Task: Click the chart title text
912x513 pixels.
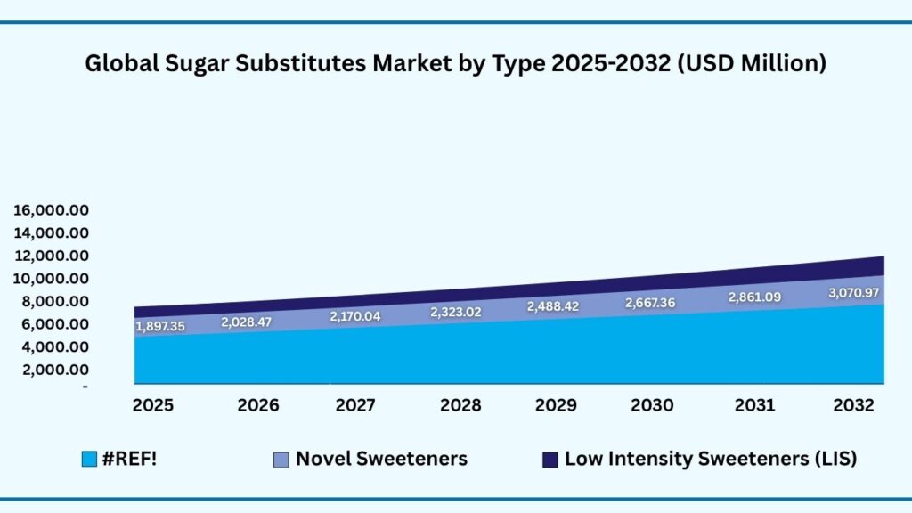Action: tap(456, 64)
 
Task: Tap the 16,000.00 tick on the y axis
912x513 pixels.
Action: tap(51, 211)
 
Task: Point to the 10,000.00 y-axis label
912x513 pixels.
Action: tap(51, 279)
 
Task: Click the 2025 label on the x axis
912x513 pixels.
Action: tap(154, 405)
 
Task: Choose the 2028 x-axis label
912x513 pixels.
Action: tap(460, 405)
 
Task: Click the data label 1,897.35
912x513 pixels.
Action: tap(160, 327)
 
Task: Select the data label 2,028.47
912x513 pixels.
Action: tap(248, 322)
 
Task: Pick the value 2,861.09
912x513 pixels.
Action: tap(753, 297)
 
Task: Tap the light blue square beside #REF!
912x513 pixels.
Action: tap(88, 460)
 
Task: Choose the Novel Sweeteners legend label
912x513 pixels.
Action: tap(381, 460)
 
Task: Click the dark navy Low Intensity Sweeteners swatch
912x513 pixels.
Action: tap(550, 460)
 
